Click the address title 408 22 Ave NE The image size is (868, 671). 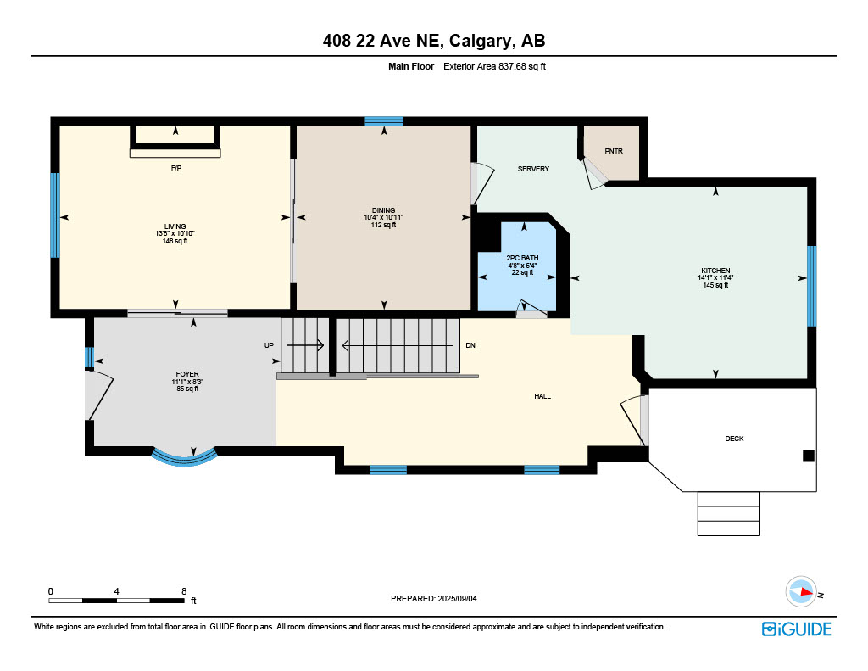[381, 41]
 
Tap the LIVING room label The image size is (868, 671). [175, 226]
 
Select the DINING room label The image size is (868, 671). [384, 210]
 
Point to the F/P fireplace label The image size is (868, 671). [176, 168]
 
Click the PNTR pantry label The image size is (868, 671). [614, 151]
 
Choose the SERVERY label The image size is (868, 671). [533, 169]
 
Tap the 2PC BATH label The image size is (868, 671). [522, 258]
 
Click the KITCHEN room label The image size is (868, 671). [715, 271]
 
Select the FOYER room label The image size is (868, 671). [187, 374]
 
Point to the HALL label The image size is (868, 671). [542, 396]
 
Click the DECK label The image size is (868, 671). [734, 439]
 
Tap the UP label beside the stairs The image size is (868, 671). [269, 345]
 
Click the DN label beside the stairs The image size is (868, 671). [470, 345]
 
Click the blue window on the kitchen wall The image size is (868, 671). [811, 286]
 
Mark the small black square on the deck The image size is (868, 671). [808, 456]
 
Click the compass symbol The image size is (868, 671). [800, 592]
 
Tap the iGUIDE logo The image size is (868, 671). [796, 629]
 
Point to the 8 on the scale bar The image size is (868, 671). [184, 591]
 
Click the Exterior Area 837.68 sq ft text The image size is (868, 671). [494, 66]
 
